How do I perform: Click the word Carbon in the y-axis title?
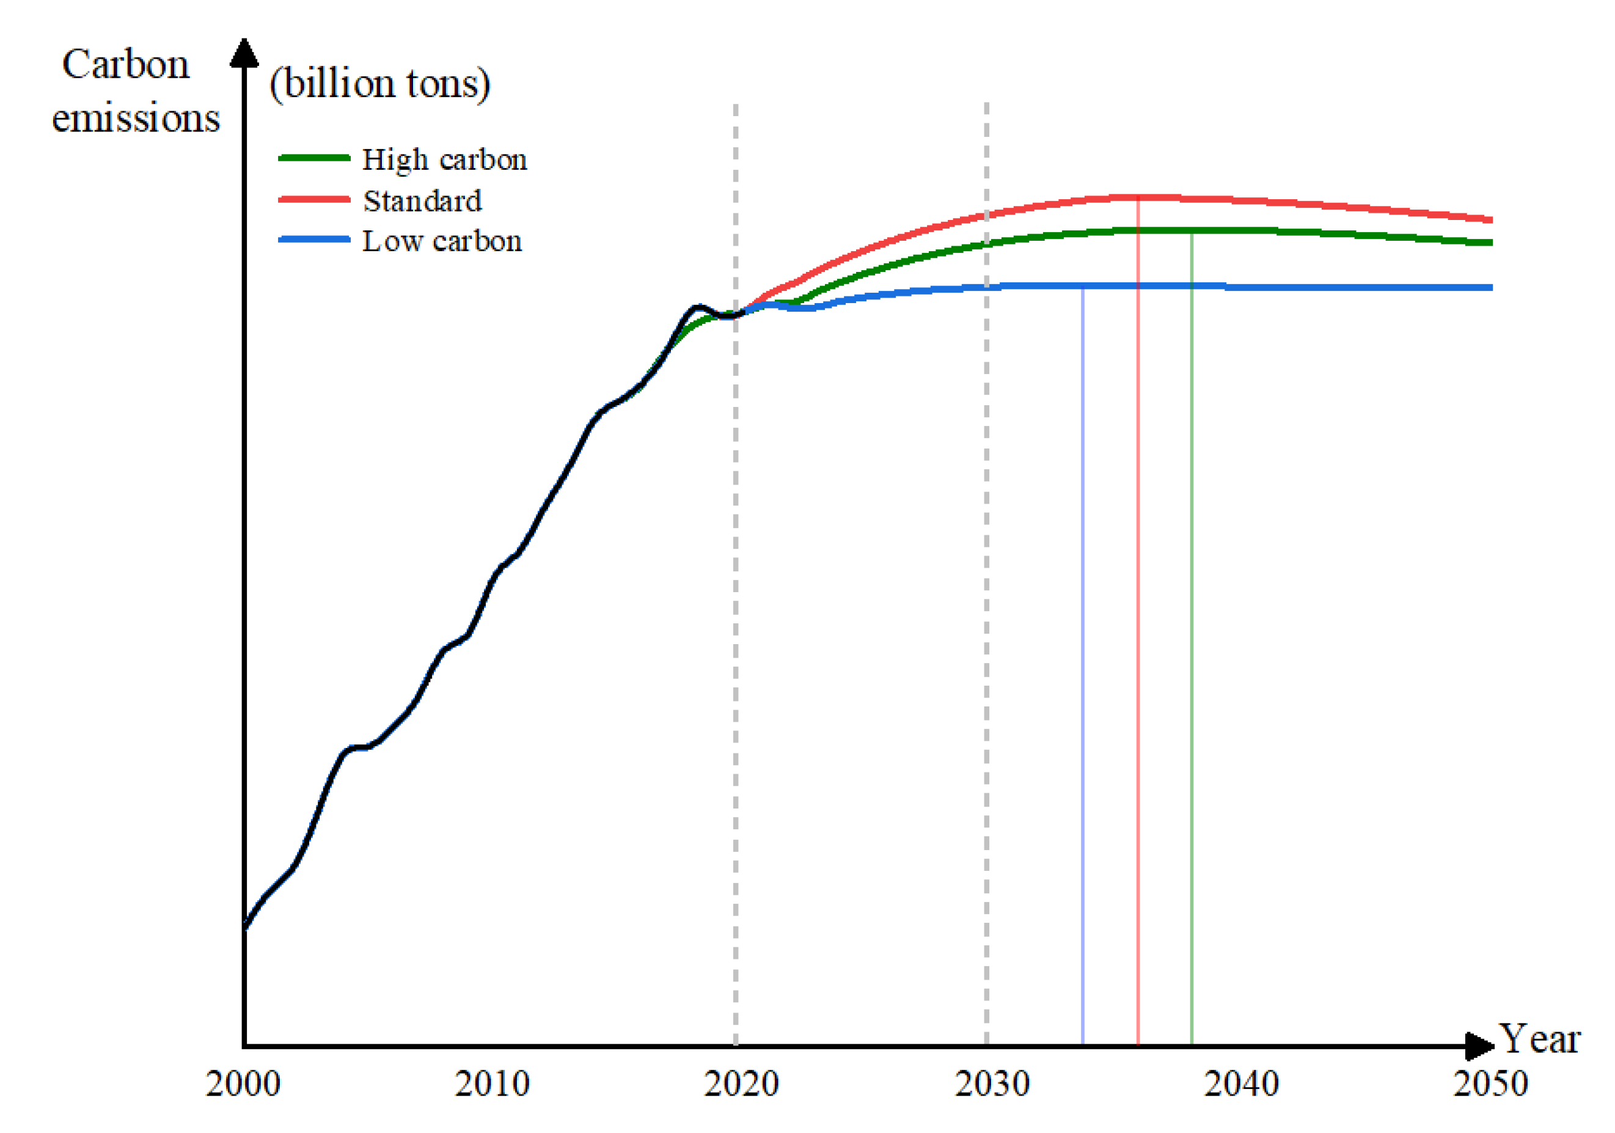click(x=126, y=65)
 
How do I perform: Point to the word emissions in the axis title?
click(x=136, y=117)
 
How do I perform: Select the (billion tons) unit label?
click(x=380, y=84)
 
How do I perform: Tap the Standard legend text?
click(x=422, y=201)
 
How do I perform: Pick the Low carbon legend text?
click(x=442, y=241)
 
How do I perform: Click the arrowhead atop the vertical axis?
click(x=244, y=53)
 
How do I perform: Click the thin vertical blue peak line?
click(x=1083, y=668)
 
